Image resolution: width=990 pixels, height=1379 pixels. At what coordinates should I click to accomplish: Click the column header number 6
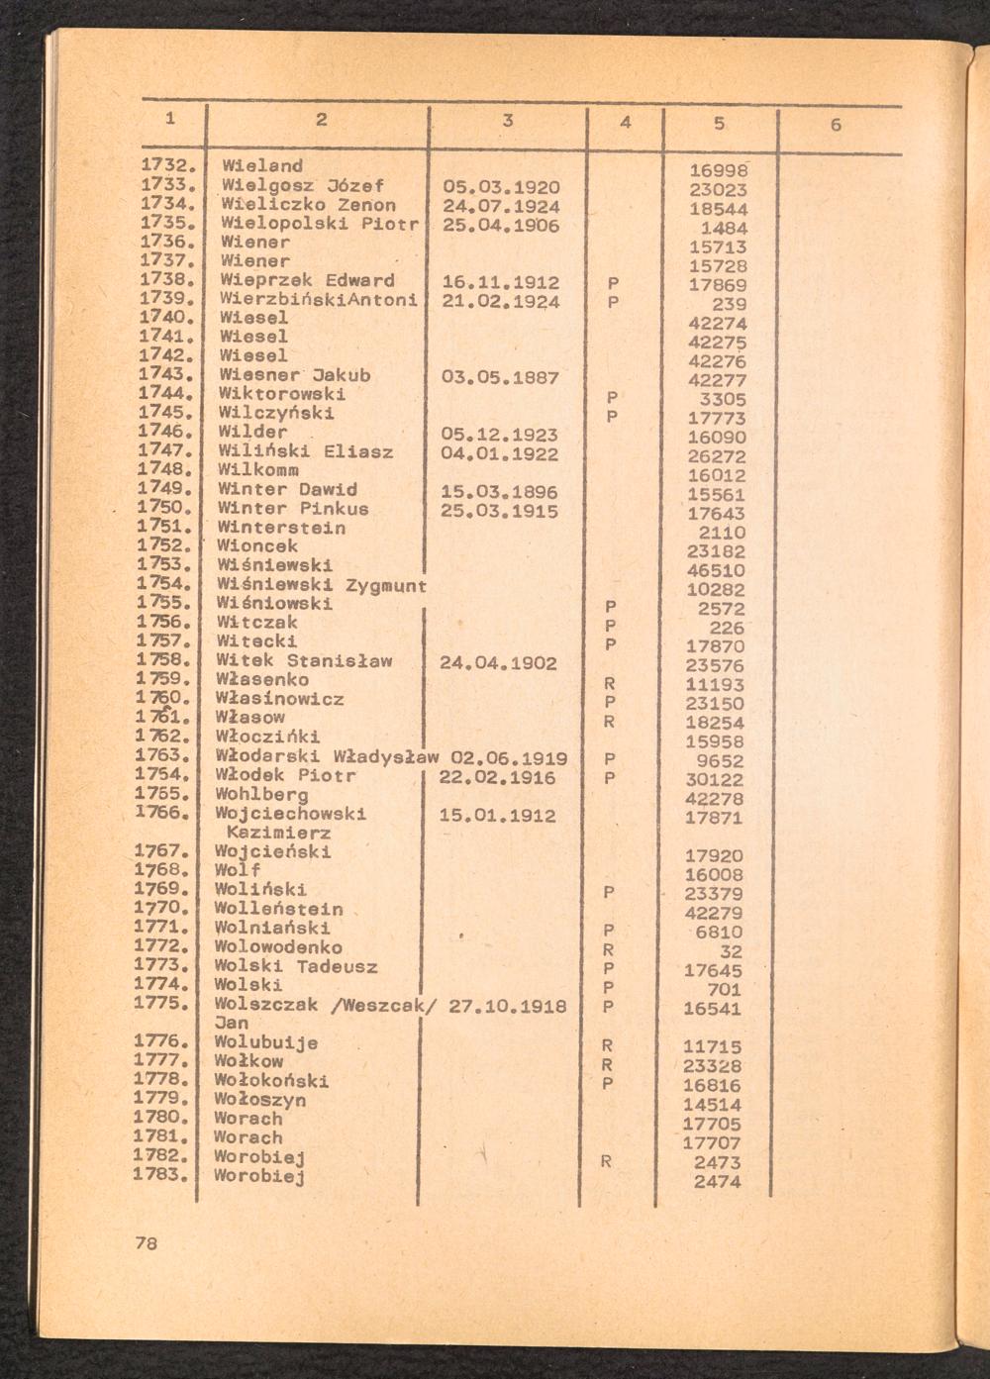point(837,125)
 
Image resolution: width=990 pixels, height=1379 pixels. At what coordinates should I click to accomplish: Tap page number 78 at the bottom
point(146,1243)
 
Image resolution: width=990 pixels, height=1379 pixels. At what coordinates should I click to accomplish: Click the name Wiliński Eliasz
point(306,451)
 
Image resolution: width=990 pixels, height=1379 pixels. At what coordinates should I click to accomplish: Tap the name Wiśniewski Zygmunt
point(322,585)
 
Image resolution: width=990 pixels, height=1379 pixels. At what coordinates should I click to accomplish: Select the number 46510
point(716,571)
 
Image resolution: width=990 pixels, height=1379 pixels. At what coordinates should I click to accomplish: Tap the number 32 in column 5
point(732,951)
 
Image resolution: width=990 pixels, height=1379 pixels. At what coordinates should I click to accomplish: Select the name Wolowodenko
point(278,947)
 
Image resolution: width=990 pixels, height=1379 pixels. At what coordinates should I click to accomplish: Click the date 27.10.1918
point(508,1006)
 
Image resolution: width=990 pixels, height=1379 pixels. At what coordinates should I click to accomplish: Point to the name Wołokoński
point(271,1080)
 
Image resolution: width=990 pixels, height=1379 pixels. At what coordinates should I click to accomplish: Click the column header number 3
point(508,121)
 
